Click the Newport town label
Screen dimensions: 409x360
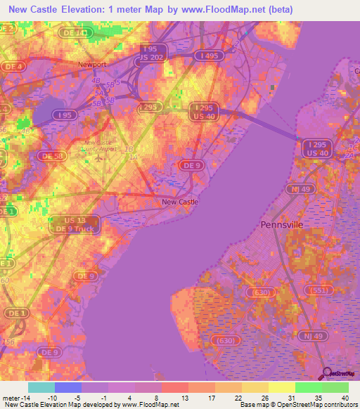click(91, 64)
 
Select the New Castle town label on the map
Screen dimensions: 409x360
click(180, 202)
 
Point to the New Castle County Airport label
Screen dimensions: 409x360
click(98, 145)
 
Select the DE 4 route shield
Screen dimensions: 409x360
click(12, 67)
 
